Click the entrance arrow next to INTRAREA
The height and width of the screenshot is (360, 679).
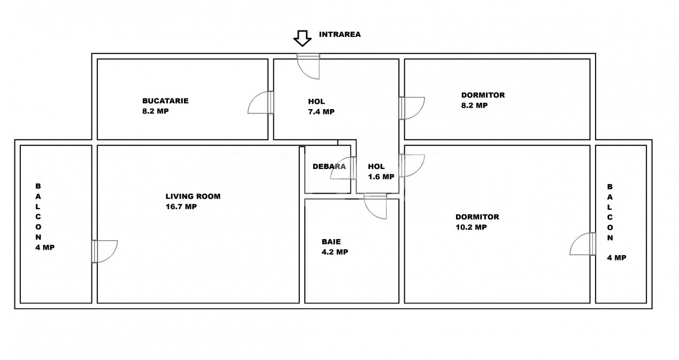click(302, 39)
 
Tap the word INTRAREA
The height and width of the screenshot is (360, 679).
click(340, 34)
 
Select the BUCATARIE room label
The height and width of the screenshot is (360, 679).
click(165, 101)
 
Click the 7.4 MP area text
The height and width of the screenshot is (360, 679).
click(321, 112)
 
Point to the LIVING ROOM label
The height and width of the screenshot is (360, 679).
click(193, 196)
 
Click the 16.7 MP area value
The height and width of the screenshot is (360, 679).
click(181, 206)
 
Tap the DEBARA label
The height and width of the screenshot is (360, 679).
click(329, 166)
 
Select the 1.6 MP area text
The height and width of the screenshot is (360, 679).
click(381, 177)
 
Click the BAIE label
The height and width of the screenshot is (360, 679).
click(331, 242)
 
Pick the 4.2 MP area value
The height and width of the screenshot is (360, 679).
click(335, 252)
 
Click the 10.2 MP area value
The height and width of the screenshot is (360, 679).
click(471, 227)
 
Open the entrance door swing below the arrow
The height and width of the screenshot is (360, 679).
click(308, 66)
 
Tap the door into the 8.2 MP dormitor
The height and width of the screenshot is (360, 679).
click(412, 108)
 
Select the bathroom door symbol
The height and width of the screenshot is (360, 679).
click(375, 206)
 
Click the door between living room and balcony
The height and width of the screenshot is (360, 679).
click(105, 251)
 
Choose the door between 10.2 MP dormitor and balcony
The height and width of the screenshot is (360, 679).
click(583, 244)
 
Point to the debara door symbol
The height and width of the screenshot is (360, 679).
click(343, 168)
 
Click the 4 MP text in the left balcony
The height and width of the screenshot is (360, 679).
click(45, 247)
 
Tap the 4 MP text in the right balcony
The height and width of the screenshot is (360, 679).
click(616, 257)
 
